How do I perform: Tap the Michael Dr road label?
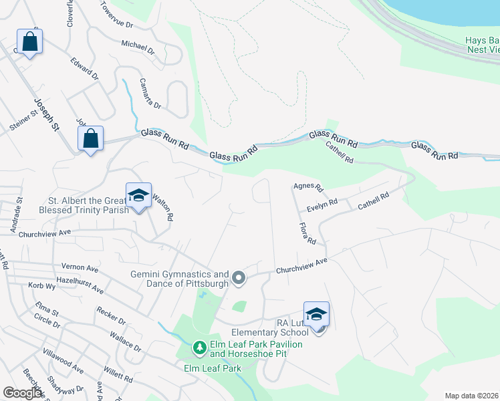tap(138, 47)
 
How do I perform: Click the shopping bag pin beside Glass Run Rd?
tap(90, 140)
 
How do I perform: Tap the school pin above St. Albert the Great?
tap(138, 196)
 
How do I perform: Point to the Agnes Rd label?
tap(308, 188)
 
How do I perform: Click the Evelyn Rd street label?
tap(322, 205)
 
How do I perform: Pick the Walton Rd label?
tap(164, 207)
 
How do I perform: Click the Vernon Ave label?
tap(80, 267)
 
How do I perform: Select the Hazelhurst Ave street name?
tap(80, 285)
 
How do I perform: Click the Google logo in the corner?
tap(23, 392)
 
